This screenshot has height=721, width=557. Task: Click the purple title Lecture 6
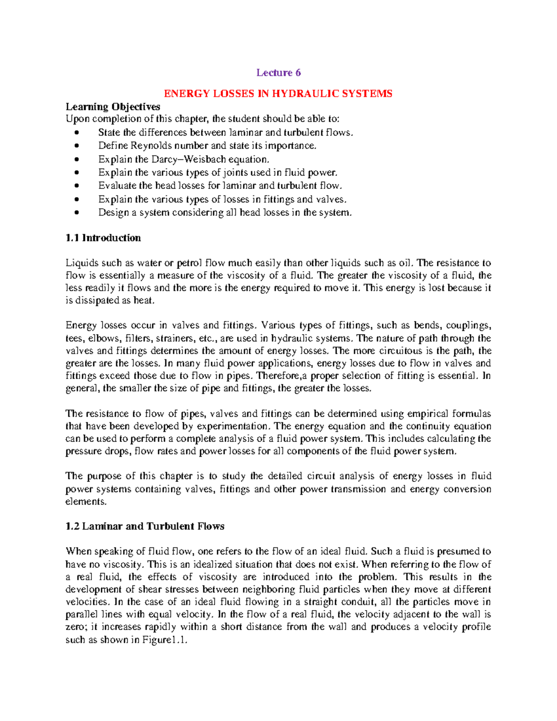(278, 72)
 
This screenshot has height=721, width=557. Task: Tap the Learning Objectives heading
(113, 107)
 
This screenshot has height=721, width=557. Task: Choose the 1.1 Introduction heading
(103, 238)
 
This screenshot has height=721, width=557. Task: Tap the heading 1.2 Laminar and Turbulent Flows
(145, 526)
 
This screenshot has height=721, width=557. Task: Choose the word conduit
(357, 602)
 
